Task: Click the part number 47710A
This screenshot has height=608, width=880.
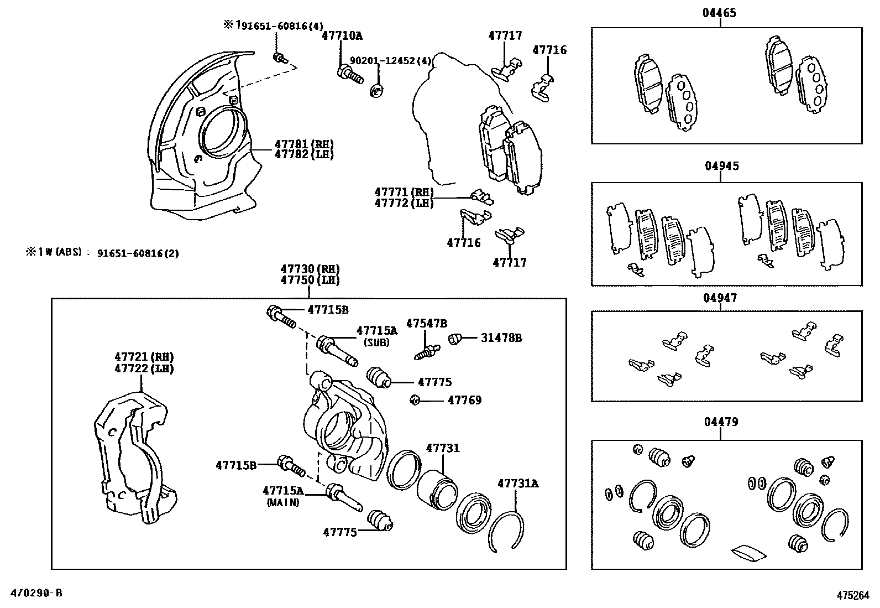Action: [x=342, y=36]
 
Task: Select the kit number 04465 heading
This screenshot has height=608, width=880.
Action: [x=719, y=13]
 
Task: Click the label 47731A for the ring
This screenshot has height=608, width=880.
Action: [x=517, y=484]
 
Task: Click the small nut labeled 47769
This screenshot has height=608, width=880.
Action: [x=416, y=400]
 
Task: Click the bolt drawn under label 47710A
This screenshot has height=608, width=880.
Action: [x=348, y=74]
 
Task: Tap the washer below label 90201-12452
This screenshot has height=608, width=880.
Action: [x=376, y=90]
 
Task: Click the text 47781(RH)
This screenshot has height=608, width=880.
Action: [x=304, y=144]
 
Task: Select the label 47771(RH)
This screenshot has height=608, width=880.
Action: [x=403, y=192]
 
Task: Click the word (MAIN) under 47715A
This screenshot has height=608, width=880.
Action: [x=282, y=503]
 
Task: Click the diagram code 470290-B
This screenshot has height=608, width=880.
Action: [x=35, y=593]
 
